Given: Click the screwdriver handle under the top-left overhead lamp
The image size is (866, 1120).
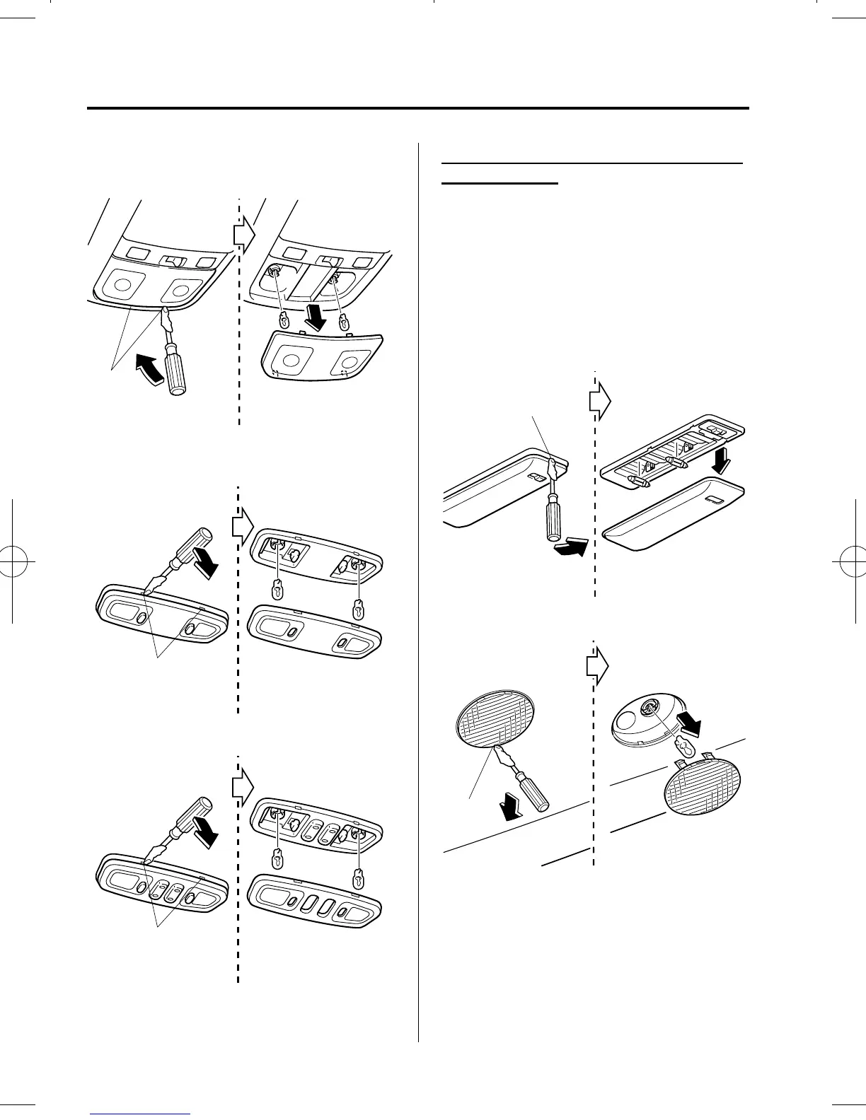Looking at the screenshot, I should (x=173, y=375).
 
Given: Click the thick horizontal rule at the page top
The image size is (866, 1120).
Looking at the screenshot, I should (x=417, y=109).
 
